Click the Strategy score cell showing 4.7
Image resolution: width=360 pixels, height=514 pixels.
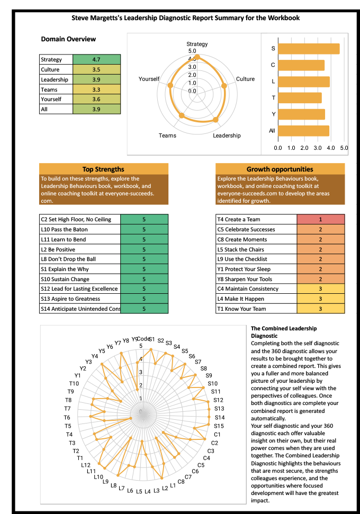(x=96, y=60)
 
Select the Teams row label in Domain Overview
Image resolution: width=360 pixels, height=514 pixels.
(x=56, y=89)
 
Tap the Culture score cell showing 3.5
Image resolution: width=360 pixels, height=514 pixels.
(x=96, y=69)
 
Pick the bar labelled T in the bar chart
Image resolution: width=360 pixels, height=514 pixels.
(x=300, y=98)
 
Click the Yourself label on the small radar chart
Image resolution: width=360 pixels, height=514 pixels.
(x=149, y=79)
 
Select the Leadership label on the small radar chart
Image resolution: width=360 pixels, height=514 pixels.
(x=227, y=136)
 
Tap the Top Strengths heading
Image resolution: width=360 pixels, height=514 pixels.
(x=104, y=169)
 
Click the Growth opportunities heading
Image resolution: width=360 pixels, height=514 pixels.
(x=280, y=169)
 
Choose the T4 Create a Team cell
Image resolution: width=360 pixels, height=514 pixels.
(x=256, y=219)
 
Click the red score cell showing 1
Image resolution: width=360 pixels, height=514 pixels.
(x=320, y=219)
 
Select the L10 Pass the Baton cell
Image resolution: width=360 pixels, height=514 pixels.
(x=80, y=230)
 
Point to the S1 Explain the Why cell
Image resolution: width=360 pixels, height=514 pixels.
(x=80, y=269)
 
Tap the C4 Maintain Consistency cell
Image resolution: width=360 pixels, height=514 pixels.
(x=256, y=289)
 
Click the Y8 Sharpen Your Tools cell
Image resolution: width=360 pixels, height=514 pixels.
(x=256, y=279)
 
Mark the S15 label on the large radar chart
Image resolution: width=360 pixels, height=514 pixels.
(x=219, y=426)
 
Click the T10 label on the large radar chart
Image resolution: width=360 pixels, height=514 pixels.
(x=74, y=383)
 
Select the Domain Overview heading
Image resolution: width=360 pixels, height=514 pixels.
(x=68, y=39)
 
